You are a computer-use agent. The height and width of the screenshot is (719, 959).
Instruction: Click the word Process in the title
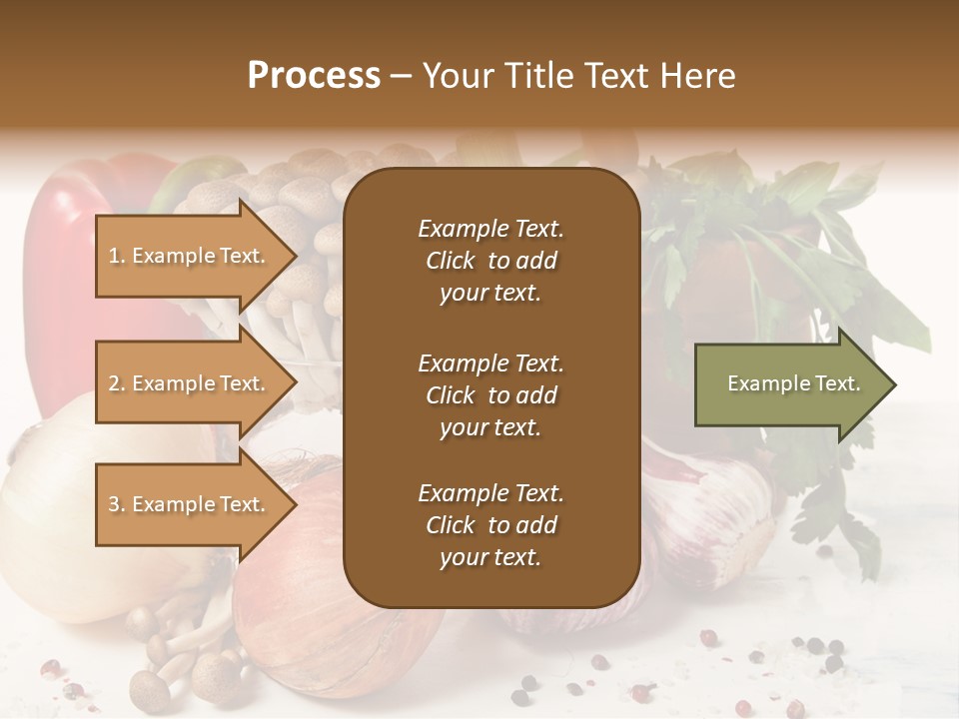[314, 76]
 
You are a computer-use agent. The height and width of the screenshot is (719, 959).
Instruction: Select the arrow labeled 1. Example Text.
[190, 256]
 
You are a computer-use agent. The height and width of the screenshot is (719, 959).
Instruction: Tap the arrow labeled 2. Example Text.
[190, 383]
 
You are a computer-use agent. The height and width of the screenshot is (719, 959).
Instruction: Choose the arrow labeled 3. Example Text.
[190, 504]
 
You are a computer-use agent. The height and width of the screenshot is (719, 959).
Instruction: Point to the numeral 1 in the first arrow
[113, 257]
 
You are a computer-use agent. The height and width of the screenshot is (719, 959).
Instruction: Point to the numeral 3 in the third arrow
[114, 505]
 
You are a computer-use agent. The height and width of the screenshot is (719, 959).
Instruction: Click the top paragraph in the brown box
[490, 261]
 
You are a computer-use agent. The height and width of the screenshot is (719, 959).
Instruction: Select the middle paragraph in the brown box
[490, 395]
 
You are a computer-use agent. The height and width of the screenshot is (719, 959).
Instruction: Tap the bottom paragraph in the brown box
[490, 525]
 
